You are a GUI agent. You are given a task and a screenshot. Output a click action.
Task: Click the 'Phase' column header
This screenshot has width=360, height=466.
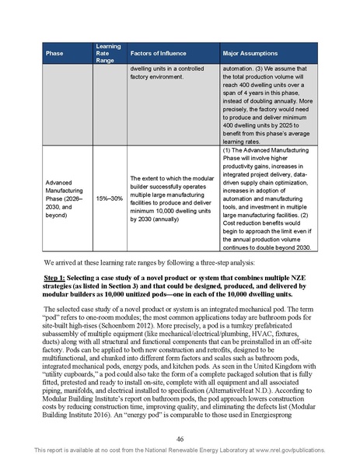(54, 53)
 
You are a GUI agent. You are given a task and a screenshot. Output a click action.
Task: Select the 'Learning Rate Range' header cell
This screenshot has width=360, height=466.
(107, 53)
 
